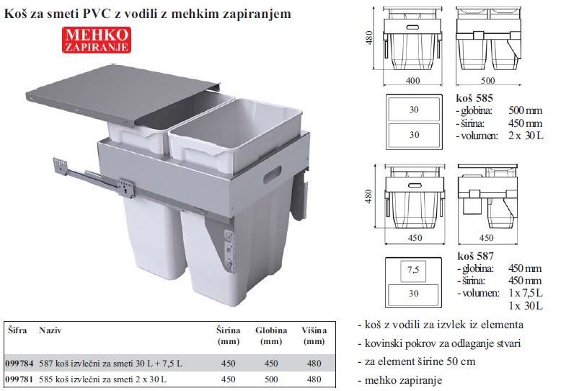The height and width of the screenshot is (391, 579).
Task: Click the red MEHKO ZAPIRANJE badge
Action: (x=97, y=40)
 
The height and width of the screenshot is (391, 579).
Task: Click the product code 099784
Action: (x=19, y=364)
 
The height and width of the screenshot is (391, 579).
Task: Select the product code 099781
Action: (x=19, y=379)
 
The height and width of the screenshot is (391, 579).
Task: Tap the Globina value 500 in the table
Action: (x=271, y=379)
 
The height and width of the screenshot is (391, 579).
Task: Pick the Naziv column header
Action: (x=50, y=330)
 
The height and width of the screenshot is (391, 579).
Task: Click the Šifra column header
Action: (x=17, y=330)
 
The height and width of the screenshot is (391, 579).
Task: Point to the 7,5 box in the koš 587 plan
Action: (x=413, y=271)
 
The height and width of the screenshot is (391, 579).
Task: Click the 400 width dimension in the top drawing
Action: (x=413, y=81)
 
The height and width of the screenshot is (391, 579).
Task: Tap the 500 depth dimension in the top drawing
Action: (x=488, y=81)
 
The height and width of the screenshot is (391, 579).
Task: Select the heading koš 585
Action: (x=474, y=98)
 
